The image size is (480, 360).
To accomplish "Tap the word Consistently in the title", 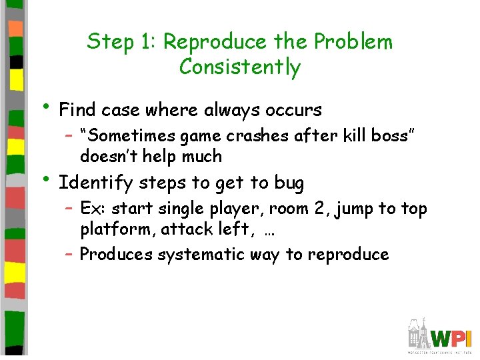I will click(x=240, y=67).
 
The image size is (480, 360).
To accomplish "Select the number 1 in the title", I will click(x=147, y=42).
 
